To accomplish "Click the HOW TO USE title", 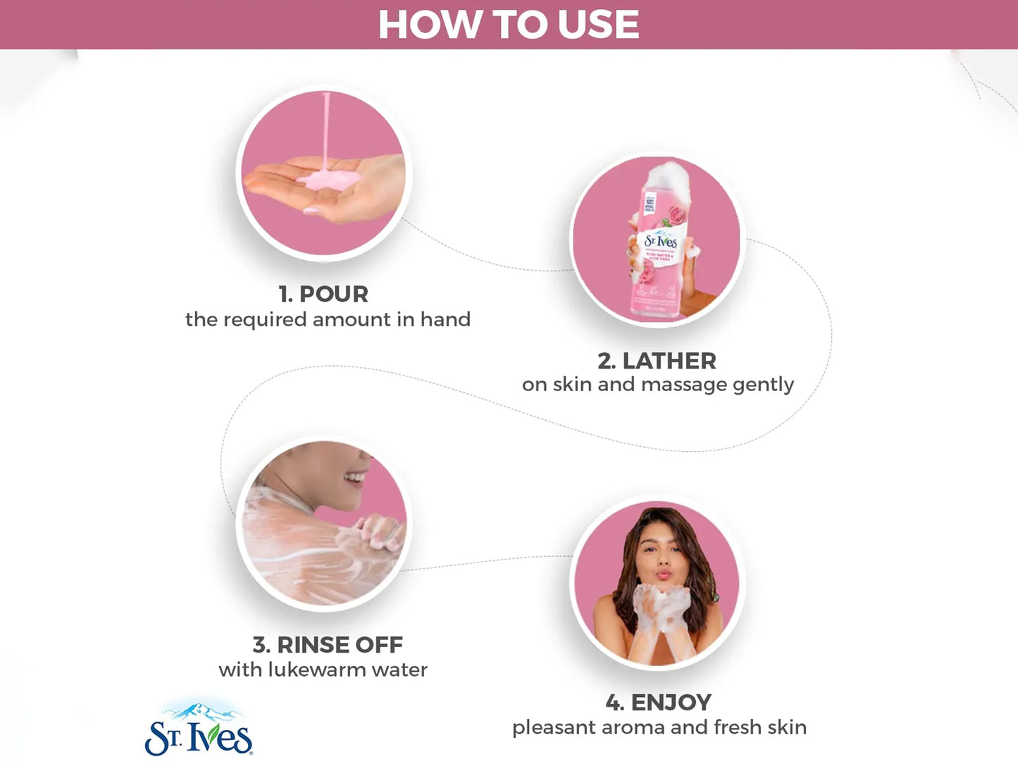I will tap(509, 25).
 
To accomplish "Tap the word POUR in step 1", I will tap(333, 294).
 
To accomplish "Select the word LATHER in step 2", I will tap(669, 361).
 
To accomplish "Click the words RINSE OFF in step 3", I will tap(340, 644).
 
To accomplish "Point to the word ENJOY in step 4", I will tap(671, 702).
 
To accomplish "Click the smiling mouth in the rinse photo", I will tap(354, 479).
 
